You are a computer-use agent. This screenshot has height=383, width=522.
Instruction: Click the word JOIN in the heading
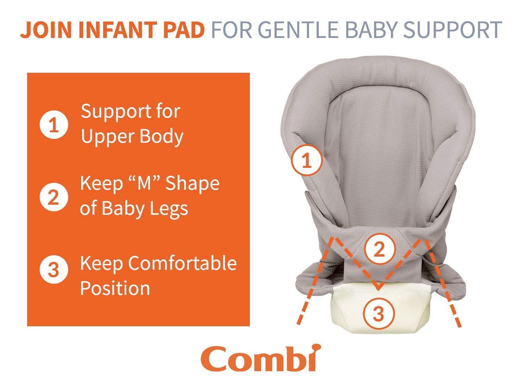(46, 30)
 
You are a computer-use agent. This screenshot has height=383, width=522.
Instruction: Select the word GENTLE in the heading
(298, 30)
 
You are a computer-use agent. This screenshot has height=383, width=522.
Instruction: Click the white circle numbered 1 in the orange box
(54, 125)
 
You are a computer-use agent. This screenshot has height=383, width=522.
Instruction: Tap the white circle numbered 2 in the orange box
(54, 197)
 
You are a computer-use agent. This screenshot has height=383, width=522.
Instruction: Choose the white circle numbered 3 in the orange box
(54, 270)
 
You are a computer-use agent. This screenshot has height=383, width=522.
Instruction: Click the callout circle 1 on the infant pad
(307, 160)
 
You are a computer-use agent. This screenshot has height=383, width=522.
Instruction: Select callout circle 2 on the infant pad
(380, 249)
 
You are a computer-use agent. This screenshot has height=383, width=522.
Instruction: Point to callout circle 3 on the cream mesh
(379, 313)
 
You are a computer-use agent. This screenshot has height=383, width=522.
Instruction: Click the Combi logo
(261, 358)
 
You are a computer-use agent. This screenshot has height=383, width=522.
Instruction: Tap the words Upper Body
(132, 137)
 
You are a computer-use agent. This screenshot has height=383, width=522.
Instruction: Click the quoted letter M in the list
(144, 183)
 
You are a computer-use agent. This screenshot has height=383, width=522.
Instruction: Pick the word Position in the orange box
(115, 288)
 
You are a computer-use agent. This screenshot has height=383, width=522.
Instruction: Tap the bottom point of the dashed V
(379, 289)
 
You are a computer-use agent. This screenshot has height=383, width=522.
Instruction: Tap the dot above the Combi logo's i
(317, 347)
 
